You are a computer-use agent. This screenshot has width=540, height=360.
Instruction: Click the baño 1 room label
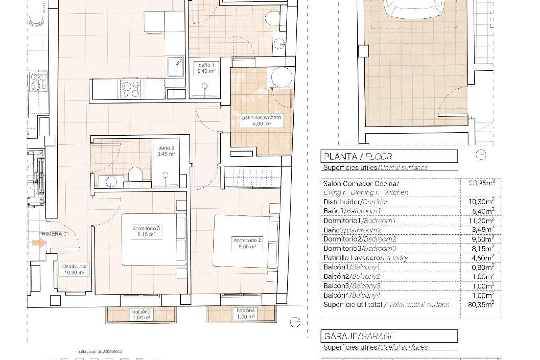(206, 68)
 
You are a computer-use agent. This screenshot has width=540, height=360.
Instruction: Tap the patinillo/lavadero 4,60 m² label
(262, 120)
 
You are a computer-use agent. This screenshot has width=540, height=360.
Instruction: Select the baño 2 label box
(166, 151)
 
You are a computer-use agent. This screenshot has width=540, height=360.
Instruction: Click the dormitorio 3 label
(146, 231)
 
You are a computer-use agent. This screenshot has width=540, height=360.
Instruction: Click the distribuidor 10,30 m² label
(74, 269)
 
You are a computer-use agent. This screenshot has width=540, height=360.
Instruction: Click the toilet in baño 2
(135, 174)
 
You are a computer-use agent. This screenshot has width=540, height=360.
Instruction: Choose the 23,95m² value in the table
(482, 183)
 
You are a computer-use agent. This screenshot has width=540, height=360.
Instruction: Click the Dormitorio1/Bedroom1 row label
(359, 221)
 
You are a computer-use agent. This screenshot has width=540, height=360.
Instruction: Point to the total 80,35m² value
(481, 305)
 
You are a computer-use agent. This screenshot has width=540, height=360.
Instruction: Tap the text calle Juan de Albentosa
(100, 352)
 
